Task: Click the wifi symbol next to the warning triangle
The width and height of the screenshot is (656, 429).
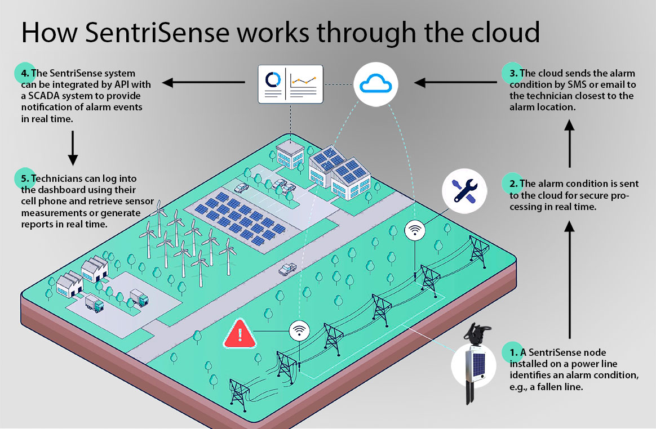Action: tap(299, 330)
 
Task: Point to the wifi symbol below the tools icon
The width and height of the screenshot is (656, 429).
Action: tap(415, 229)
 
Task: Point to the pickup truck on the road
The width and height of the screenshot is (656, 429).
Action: tap(287, 269)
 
